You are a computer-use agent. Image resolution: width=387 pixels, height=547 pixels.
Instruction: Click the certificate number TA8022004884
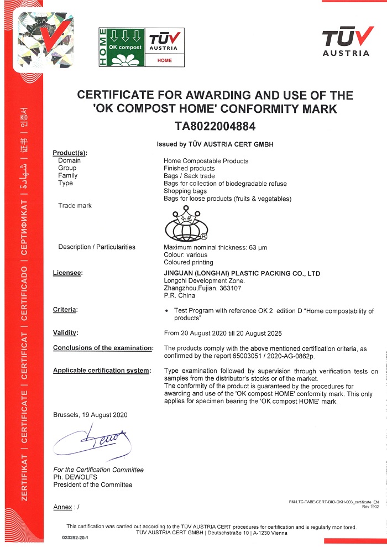click(215, 127)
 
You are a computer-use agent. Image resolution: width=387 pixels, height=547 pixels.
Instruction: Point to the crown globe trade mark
click(186, 223)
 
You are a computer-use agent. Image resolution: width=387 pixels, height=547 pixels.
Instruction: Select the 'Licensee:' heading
click(67, 273)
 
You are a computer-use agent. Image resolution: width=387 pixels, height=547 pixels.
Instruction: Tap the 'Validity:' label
click(65, 333)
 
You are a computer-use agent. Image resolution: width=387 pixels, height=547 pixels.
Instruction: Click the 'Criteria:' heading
click(65, 309)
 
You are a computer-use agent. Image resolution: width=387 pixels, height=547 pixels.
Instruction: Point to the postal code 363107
click(230, 288)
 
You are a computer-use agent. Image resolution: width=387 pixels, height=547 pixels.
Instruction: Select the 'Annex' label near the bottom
click(62, 507)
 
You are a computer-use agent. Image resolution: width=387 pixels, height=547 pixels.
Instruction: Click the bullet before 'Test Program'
click(167, 311)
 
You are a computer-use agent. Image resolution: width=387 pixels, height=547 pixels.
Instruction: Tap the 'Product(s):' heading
click(70, 153)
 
